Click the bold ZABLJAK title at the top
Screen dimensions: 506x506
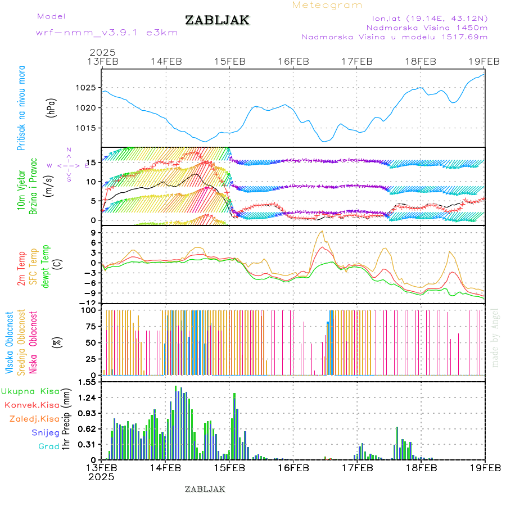217,21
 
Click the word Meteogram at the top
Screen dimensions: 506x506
327,5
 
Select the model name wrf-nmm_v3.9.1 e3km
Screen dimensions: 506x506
106,32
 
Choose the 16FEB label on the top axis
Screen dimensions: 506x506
293,61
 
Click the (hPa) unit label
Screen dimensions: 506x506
51,107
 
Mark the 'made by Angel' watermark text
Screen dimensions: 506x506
495,337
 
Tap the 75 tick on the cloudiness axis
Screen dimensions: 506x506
91,326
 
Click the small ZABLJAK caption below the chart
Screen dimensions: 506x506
205,489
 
